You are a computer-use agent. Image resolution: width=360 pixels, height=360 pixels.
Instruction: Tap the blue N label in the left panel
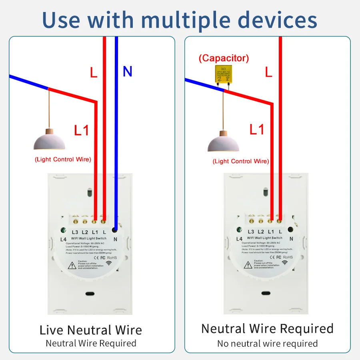pos(127,71)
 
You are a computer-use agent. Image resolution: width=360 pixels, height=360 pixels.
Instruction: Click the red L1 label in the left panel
pos(82,130)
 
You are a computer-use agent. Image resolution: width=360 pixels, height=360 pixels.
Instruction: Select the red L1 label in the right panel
pos(257,129)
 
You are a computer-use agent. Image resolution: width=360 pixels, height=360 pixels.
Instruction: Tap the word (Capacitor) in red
pos(224,58)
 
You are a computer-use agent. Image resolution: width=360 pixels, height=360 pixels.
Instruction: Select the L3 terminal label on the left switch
pos(75,232)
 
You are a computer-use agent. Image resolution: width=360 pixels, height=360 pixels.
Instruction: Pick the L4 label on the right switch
pos(239,239)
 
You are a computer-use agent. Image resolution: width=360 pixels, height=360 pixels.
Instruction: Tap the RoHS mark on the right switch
pos(288,257)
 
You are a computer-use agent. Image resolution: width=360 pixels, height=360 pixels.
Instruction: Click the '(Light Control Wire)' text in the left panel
pos(63,159)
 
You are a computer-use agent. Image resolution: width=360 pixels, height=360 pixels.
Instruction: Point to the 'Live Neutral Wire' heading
pos(91,330)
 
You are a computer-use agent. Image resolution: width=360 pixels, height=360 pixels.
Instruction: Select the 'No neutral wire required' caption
pos(267,344)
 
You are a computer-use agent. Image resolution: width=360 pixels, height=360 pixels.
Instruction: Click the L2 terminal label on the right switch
pos(261,232)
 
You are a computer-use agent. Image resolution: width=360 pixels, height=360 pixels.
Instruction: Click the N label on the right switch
pos(291,239)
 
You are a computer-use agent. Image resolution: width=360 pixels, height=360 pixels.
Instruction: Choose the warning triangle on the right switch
pos(248,264)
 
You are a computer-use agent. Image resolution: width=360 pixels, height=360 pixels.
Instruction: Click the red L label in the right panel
pos(268,72)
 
